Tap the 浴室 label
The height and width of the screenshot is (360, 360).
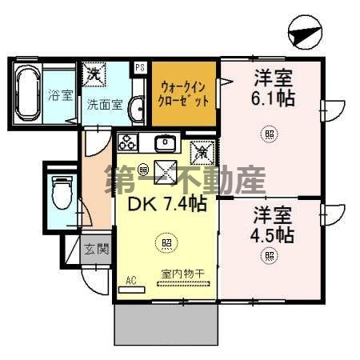59,95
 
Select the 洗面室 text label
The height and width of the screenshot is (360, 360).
104,103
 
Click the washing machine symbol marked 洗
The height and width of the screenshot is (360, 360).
94,74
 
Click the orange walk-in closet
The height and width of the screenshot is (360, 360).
185,94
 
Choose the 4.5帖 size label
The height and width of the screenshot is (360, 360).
274,235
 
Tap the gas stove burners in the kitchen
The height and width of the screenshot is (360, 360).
128,143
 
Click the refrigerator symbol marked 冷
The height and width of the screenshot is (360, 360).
202,148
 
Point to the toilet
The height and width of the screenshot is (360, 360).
62,192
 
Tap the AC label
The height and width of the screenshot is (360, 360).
130,280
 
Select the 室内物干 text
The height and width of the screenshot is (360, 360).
182,274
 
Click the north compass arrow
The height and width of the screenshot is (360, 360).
305,34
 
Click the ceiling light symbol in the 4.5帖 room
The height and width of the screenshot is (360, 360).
270,256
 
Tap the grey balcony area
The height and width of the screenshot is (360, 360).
166,324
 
